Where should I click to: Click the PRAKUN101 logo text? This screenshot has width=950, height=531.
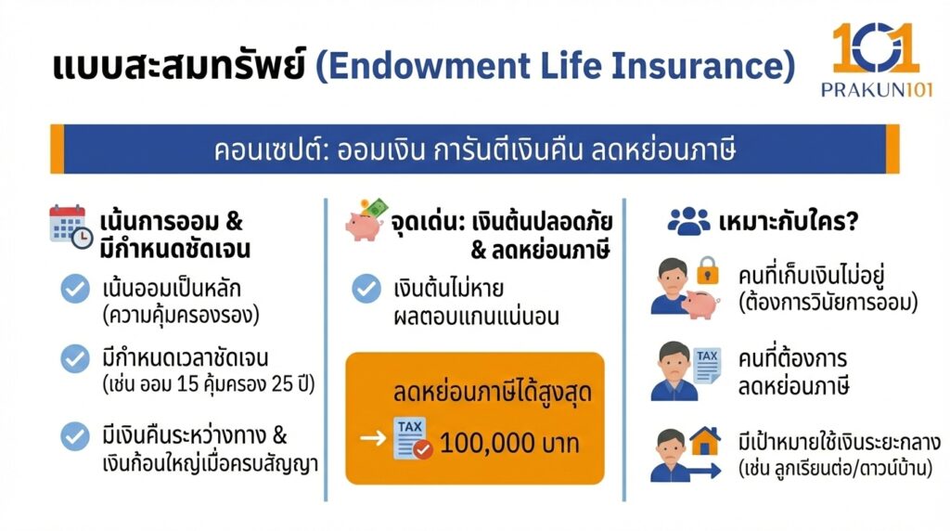[876, 89]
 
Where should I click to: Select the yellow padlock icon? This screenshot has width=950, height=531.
[708, 270]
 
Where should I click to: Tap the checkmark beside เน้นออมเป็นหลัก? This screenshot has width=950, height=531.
[74, 289]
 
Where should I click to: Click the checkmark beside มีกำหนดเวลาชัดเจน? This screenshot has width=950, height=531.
[74, 358]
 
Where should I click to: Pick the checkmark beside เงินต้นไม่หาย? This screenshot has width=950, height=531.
[366, 289]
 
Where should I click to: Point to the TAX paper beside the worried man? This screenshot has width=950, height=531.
[707, 363]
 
